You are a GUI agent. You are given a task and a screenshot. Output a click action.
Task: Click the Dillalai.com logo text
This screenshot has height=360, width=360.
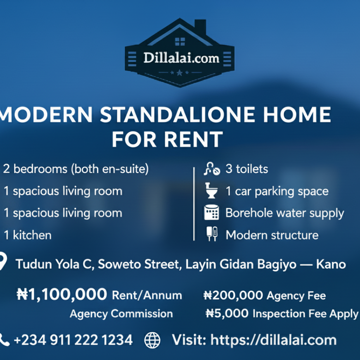pos(181,58)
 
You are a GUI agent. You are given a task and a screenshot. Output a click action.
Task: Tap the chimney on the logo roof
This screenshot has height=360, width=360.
pos(200,27)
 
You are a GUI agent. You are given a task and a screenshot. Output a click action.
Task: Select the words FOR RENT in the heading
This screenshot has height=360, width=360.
pos(167,139)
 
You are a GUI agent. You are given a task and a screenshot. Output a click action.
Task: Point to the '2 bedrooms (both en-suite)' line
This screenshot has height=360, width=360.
pos(76,169)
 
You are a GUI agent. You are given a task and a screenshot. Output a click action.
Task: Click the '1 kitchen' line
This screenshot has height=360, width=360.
pos(28,235)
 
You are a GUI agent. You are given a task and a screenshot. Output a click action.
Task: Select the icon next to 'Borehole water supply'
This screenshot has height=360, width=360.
pos(211,213)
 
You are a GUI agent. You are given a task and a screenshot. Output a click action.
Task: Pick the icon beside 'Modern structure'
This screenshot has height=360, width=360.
pos(211,234)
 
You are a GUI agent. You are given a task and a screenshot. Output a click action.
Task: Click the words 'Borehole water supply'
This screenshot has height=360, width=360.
pos(284,213)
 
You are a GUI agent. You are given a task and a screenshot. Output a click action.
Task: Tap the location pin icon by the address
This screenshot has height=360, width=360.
pos(2,262)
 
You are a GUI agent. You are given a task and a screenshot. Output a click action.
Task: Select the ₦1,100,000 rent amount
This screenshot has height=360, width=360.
pos(62,294)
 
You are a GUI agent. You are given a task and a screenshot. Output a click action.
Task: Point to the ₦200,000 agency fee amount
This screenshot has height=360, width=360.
pos(233,295)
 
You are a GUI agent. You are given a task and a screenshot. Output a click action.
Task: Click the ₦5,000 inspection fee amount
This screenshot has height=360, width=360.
pos(228,314)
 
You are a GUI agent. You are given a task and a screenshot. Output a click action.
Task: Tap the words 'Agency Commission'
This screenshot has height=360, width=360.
pos(121,314)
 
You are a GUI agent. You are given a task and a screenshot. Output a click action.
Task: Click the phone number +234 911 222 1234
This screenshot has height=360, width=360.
pos(73,340)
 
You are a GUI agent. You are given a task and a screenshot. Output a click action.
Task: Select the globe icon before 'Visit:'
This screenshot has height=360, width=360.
pos(152,340)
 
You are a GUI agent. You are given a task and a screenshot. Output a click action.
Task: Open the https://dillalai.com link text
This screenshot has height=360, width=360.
pos(273,340)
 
